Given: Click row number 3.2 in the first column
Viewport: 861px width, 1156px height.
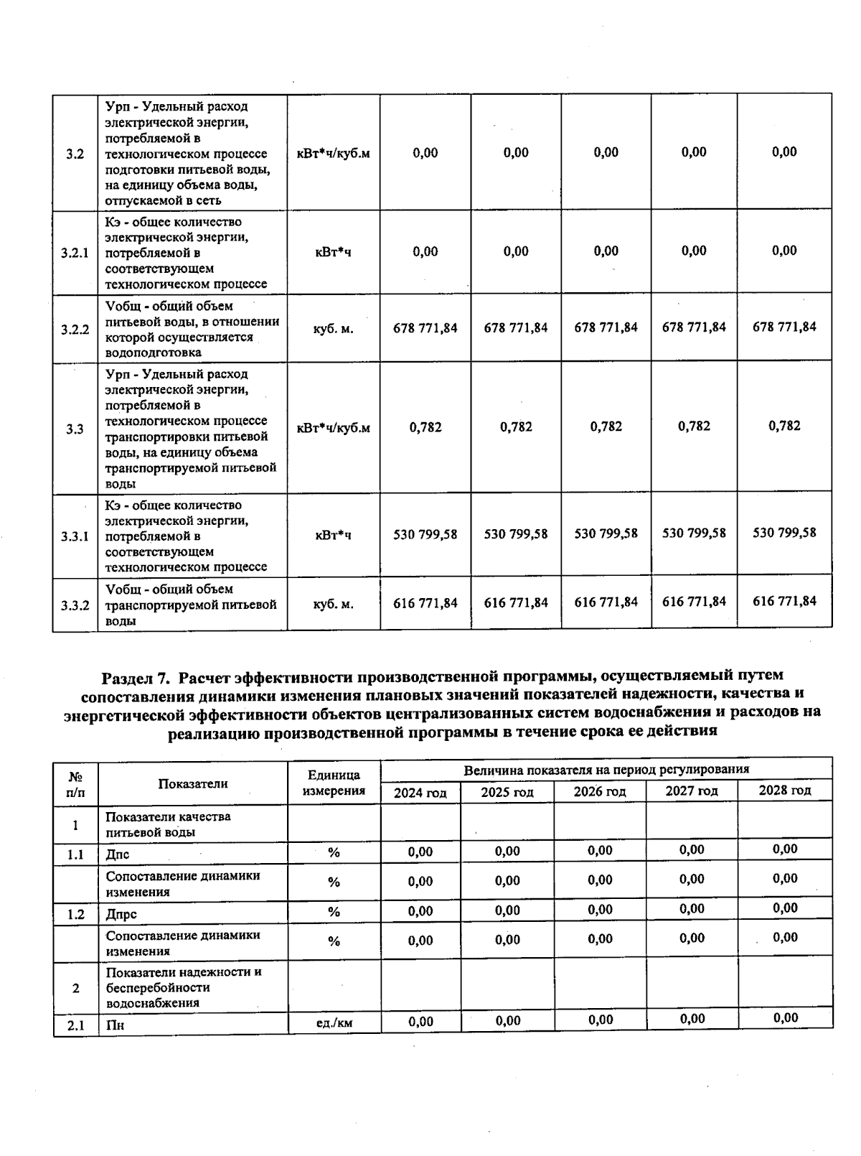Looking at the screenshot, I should (x=75, y=154).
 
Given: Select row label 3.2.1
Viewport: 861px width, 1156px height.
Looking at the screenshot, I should (x=75, y=253).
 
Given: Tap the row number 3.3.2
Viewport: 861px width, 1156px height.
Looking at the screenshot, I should (x=75, y=605).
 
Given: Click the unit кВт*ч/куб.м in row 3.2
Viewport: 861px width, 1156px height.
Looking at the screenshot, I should (x=333, y=154).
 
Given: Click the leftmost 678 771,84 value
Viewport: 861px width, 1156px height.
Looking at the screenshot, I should (x=425, y=328).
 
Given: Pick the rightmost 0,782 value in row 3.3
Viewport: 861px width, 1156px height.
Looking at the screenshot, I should (x=784, y=426).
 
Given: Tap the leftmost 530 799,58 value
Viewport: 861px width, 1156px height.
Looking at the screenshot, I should (x=425, y=534).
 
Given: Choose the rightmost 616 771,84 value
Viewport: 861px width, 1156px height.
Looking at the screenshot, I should (x=784, y=601).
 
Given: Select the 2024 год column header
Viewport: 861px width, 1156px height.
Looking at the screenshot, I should (x=420, y=793).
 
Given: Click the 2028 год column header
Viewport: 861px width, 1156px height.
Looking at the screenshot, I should (x=785, y=791).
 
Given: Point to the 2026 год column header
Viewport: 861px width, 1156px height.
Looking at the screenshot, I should (x=600, y=792).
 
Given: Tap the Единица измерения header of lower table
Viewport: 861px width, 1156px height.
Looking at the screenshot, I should (x=334, y=783).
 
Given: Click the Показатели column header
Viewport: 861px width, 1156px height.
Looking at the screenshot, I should (x=193, y=783).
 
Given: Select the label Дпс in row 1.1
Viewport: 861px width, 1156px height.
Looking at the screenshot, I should (x=118, y=854).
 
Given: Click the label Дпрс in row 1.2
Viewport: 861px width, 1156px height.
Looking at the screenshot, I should (x=121, y=914).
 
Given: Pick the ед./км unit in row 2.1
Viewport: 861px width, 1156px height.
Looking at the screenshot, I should (x=334, y=1022).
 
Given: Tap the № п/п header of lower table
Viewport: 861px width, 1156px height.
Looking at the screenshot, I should (x=75, y=784).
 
